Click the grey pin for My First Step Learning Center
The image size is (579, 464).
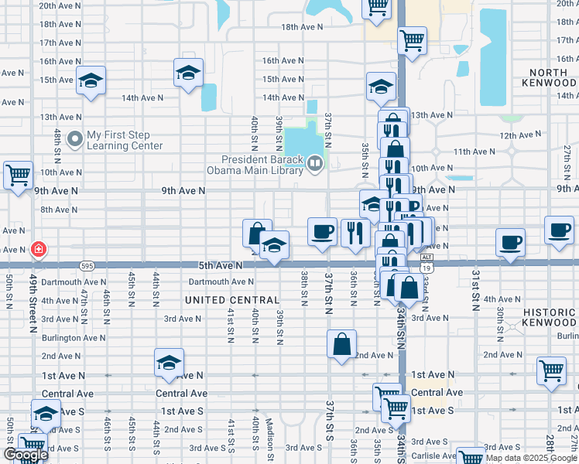75,139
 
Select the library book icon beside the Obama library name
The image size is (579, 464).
314,162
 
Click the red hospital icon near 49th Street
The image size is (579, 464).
38,250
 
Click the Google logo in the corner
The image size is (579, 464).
25,455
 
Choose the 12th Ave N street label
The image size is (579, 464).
519,135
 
